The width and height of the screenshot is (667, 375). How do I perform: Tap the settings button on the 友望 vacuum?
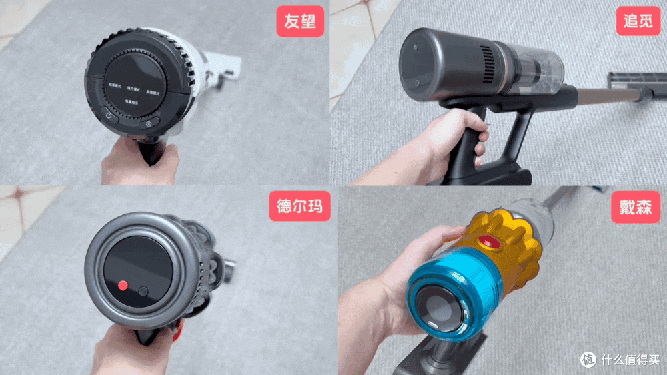(x=148, y=123)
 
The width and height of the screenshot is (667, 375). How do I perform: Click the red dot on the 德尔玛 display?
(x=122, y=285)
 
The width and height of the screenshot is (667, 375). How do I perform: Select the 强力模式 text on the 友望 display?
(x=133, y=89)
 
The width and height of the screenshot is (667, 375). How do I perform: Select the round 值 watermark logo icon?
(x=588, y=359)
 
